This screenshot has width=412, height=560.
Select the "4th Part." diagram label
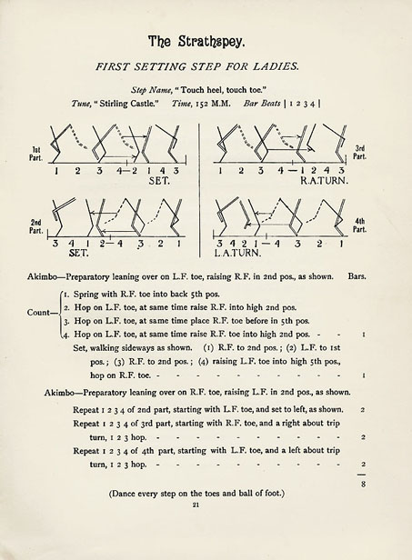[x=360, y=224]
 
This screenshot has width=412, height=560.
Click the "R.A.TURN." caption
[x=319, y=182]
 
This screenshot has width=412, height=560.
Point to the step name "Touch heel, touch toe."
[x=243, y=93]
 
